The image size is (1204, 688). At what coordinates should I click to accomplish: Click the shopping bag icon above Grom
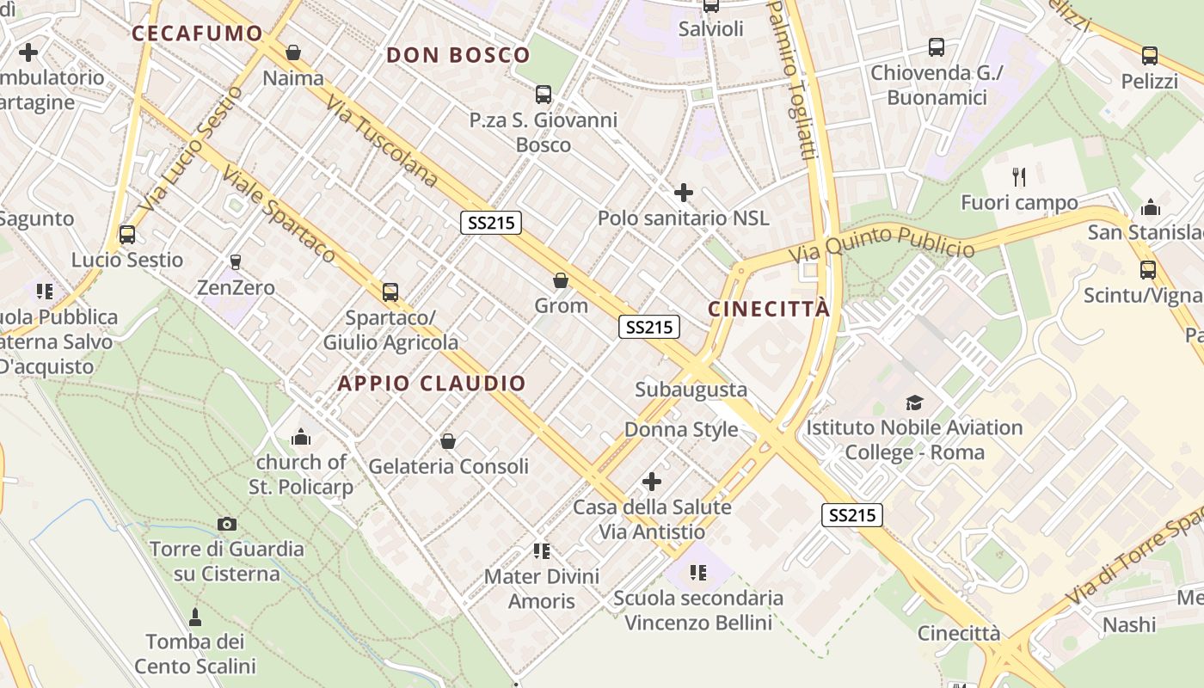point(561,280)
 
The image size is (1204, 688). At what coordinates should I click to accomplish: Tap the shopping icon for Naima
point(293,53)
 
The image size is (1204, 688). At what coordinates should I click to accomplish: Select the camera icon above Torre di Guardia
point(227,524)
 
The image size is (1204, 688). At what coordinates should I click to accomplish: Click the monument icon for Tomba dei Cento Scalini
point(195,617)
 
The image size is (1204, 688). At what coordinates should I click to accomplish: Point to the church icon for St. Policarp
point(301,437)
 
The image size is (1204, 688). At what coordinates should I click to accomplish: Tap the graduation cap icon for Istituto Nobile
point(914,402)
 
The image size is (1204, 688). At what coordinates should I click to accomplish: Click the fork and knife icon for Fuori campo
point(1019,177)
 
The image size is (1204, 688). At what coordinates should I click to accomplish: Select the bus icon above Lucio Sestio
point(127,234)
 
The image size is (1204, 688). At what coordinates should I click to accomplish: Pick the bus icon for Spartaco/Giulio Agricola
point(390,292)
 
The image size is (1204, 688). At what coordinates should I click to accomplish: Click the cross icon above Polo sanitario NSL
point(684,193)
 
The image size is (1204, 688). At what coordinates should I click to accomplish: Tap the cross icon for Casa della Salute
point(652,482)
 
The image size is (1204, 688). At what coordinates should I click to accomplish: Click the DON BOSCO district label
point(458,55)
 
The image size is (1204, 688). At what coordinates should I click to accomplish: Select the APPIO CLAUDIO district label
point(432,384)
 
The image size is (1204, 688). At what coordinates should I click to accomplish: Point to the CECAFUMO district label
point(197,34)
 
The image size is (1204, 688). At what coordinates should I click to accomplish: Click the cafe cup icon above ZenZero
point(236,261)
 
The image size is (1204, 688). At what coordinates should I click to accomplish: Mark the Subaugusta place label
point(691,390)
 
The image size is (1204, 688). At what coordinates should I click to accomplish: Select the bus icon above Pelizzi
point(1150,57)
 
